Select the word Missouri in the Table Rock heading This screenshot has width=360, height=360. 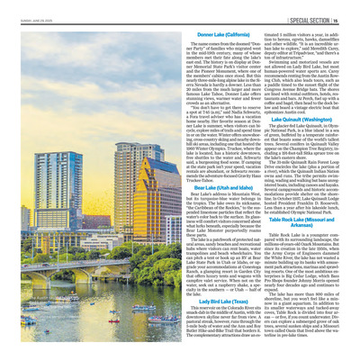309,220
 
